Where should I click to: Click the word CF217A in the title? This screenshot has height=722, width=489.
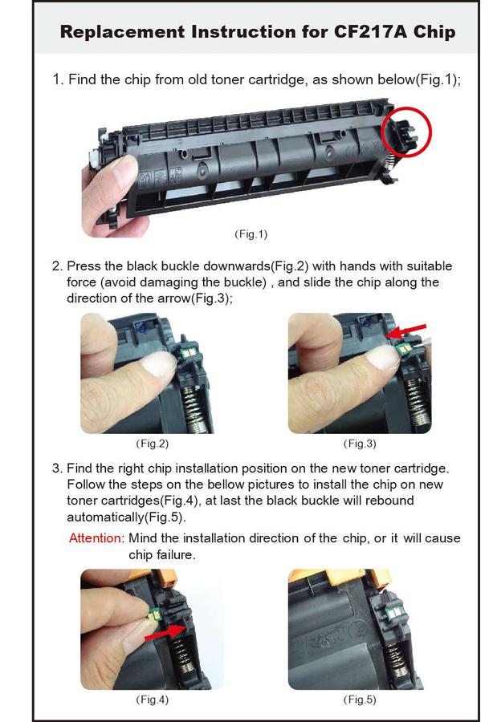tap(370, 32)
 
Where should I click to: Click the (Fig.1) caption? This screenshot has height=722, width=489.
tap(251, 234)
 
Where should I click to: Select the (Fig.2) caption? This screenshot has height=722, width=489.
tap(152, 444)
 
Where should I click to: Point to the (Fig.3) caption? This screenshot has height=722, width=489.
tap(360, 444)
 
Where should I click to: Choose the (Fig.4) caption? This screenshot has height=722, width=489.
tap(152, 700)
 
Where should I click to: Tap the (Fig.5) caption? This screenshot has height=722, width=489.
tap(360, 700)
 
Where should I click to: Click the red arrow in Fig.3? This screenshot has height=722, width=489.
tap(406, 331)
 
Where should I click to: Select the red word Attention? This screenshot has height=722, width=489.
tap(96, 537)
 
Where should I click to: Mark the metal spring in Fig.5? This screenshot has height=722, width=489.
tap(396, 659)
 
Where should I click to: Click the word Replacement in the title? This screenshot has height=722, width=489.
tap(123, 32)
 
